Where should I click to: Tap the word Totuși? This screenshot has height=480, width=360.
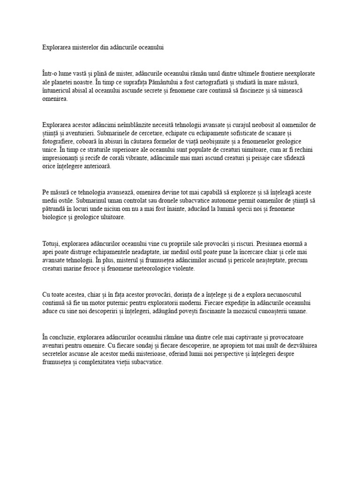pos(50,244)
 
